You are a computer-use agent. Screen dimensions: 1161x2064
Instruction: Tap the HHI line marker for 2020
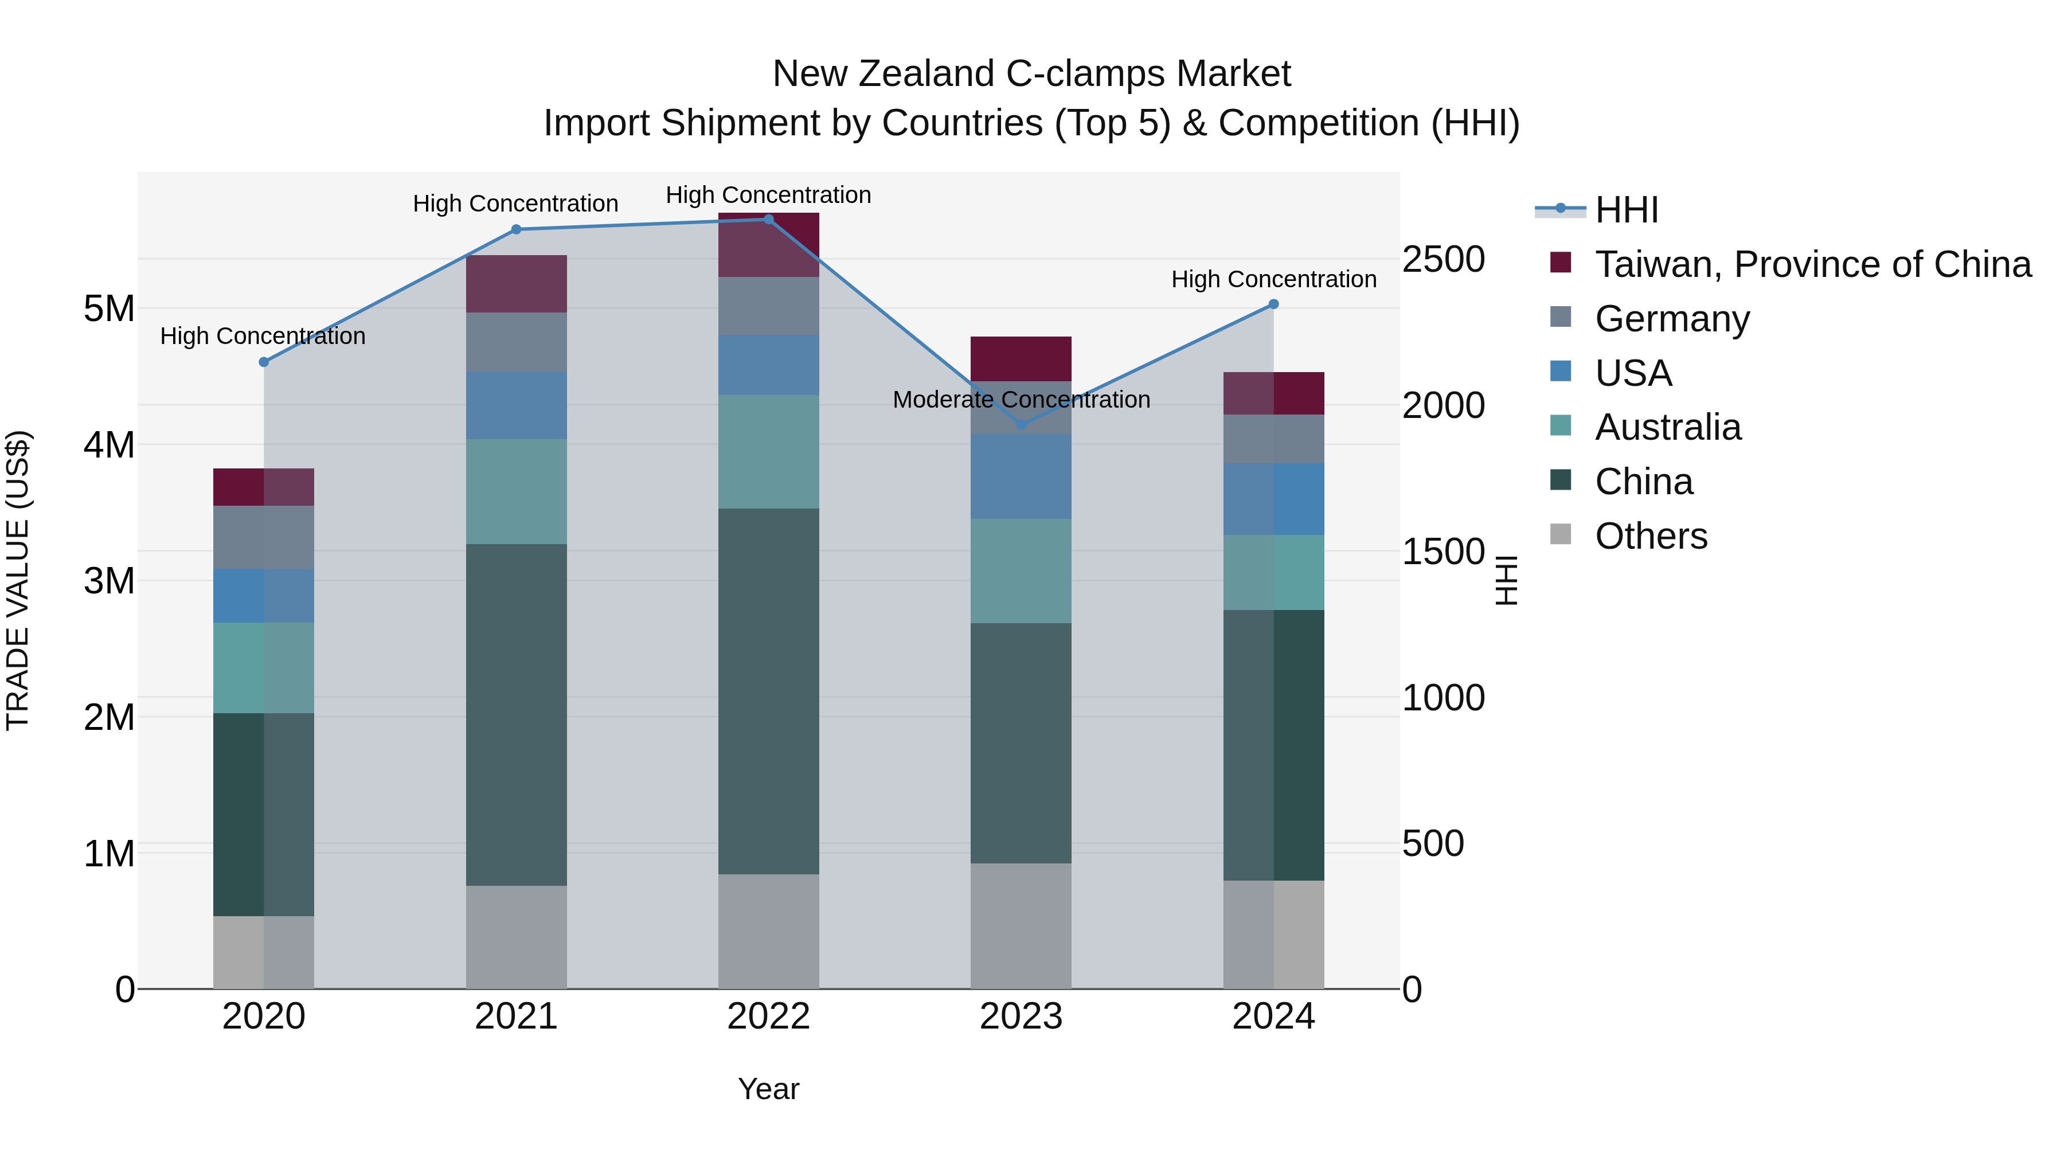(264, 362)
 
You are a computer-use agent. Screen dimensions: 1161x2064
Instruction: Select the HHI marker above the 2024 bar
(1273, 304)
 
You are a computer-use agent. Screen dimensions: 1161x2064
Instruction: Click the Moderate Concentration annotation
(1021, 399)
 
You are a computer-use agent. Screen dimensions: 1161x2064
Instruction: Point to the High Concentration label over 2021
(515, 204)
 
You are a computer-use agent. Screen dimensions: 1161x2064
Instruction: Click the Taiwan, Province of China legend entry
(1812, 264)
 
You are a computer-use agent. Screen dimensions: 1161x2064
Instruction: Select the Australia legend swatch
(1560, 426)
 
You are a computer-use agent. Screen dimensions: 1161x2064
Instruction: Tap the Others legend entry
(1651, 536)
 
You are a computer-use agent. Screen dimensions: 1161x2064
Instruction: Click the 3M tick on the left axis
(110, 581)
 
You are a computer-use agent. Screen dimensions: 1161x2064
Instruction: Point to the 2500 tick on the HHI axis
(1443, 260)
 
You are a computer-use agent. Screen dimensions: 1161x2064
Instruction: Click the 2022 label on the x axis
(768, 1017)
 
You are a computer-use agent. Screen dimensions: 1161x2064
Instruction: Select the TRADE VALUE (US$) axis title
(18, 581)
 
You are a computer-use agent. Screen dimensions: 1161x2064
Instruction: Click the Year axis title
(768, 1089)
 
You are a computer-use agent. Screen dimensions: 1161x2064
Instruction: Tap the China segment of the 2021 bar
(516, 715)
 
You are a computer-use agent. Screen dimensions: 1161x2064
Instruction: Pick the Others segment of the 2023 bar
(1021, 925)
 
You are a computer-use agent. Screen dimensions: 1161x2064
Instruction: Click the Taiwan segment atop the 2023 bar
(1021, 359)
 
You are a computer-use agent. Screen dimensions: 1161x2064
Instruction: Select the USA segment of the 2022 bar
(768, 365)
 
